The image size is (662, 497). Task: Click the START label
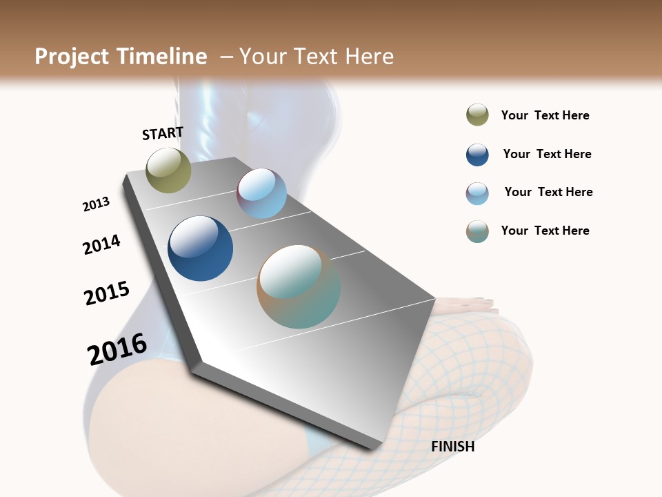(163, 133)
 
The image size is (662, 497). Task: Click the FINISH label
(452, 447)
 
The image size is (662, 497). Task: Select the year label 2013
(96, 204)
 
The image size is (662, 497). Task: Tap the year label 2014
(101, 244)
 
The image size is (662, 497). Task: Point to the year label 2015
(107, 293)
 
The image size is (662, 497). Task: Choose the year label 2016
(117, 349)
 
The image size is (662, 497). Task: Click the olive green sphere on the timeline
(168, 170)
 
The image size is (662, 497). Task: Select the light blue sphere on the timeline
(261, 193)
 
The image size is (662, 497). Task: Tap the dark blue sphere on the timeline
(200, 248)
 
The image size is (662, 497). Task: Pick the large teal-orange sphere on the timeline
(299, 286)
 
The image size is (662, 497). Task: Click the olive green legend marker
(477, 115)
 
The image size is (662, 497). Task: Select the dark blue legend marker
(477, 155)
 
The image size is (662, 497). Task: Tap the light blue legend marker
(477, 193)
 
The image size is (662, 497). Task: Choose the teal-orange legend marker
(477, 231)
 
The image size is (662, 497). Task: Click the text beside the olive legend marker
(545, 115)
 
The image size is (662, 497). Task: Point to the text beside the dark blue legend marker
(547, 154)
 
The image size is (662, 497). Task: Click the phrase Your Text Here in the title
(316, 57)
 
